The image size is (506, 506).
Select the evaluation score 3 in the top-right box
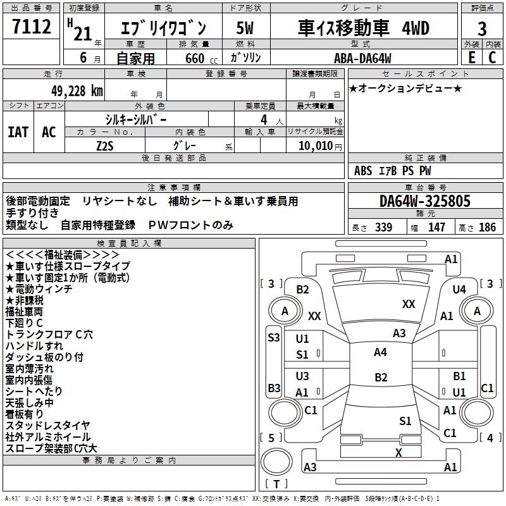tap(482, 29)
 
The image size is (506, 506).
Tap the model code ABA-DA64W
tap(362, 58)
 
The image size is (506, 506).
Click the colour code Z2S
tap(105, 145)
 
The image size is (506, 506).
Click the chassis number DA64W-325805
tap(425, 202)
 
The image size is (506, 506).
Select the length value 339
tap(383, 228)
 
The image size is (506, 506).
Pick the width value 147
tap(436, 228)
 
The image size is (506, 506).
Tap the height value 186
tap(487, 228)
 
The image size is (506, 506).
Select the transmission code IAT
tap(18, 132)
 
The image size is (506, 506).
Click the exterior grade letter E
tap(471, 58)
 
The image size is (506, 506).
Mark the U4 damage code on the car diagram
tap(459, 289)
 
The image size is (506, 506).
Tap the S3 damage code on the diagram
tap(273, 338)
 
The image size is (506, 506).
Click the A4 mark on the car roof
tap(380, 352)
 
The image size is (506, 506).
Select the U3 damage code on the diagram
tap(302, 376)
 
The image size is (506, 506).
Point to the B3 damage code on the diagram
tap(273, 387)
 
